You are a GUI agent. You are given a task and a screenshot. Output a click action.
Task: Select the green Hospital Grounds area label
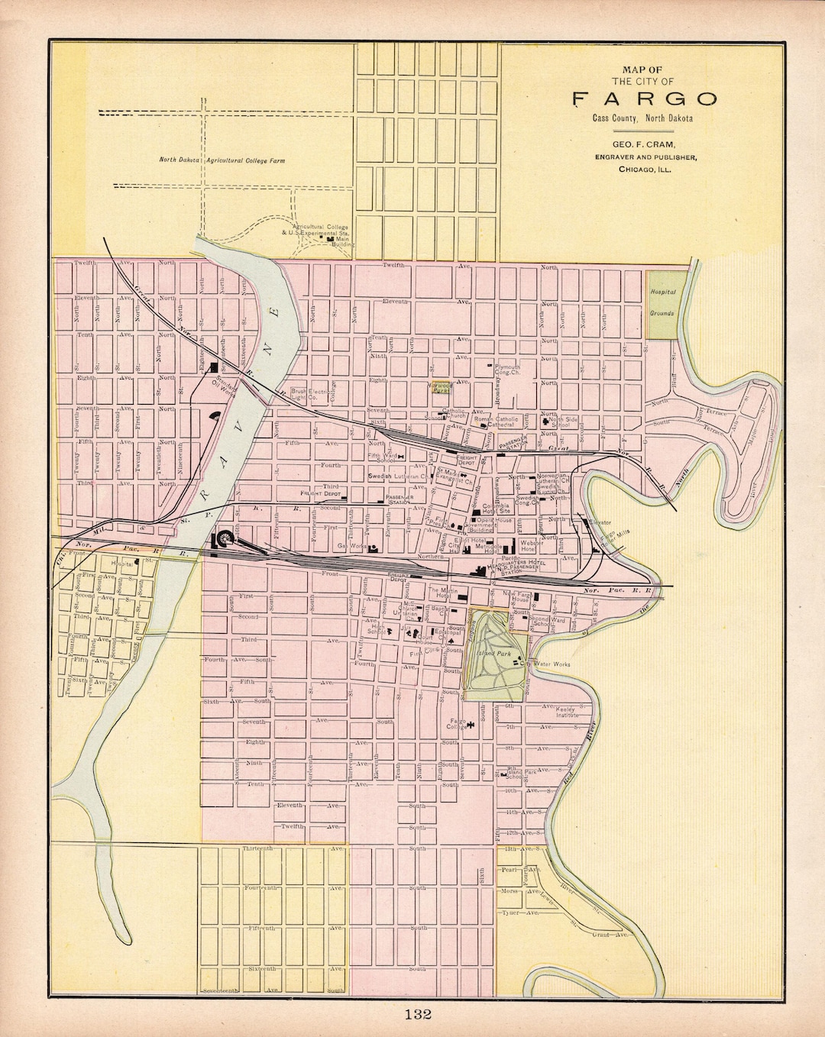coord(662,302)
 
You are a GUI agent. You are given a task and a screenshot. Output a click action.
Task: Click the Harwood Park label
coord(441,387)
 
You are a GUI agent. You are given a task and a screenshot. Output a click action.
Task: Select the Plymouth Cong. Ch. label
coord(508,370)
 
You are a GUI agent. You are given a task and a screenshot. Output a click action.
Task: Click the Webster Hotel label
coord(532,545)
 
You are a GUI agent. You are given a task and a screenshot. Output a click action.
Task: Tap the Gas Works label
coord(351,547)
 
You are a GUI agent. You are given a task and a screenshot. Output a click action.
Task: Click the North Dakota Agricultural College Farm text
coord(216,160)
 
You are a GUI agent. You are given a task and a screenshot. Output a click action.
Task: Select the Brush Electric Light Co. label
coord(310,394)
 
